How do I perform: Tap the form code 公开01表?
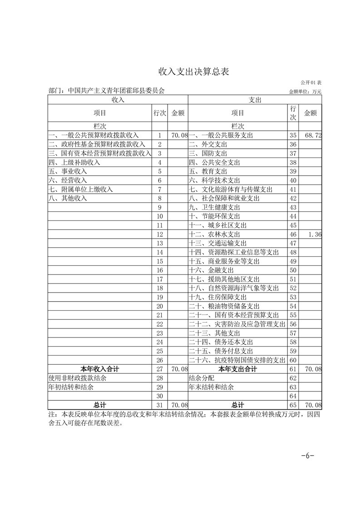click(x=311, y=83)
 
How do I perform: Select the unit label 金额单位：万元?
click(x=305, y=92)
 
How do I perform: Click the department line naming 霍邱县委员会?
click(x=106, y=91)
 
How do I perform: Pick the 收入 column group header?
click(x=118, y=99)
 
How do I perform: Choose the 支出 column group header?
click(x=255, y=99)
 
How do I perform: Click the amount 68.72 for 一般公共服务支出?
click(x=313, y=135)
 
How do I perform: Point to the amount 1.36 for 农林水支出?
click(x=314, y=234)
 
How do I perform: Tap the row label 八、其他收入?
click(x=67, y=198)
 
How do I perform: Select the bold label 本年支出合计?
click(x=237, y=369)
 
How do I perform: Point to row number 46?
click(x=293, y=234)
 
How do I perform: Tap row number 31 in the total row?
click(x=159, y=405)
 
